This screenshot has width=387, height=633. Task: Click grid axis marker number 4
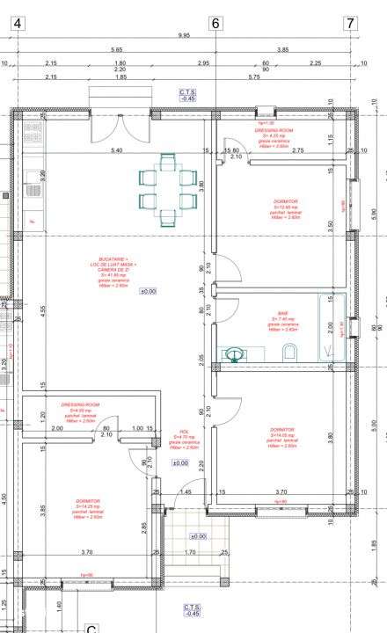pos(17,24)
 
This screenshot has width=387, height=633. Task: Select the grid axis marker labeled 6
pos(215,24)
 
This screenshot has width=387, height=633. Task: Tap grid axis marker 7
pos(350,24)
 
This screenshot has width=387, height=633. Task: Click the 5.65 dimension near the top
pos(116,50)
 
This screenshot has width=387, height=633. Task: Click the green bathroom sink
pos(235,353)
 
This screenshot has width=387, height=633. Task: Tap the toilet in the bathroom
pos(289,353)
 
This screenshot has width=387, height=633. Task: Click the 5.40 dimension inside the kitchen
pos(116,151)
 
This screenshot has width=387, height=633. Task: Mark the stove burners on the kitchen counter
pos(33,134)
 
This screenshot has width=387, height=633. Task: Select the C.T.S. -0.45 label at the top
pos(187,95)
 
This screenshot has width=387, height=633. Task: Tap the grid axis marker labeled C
pos(91,629)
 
